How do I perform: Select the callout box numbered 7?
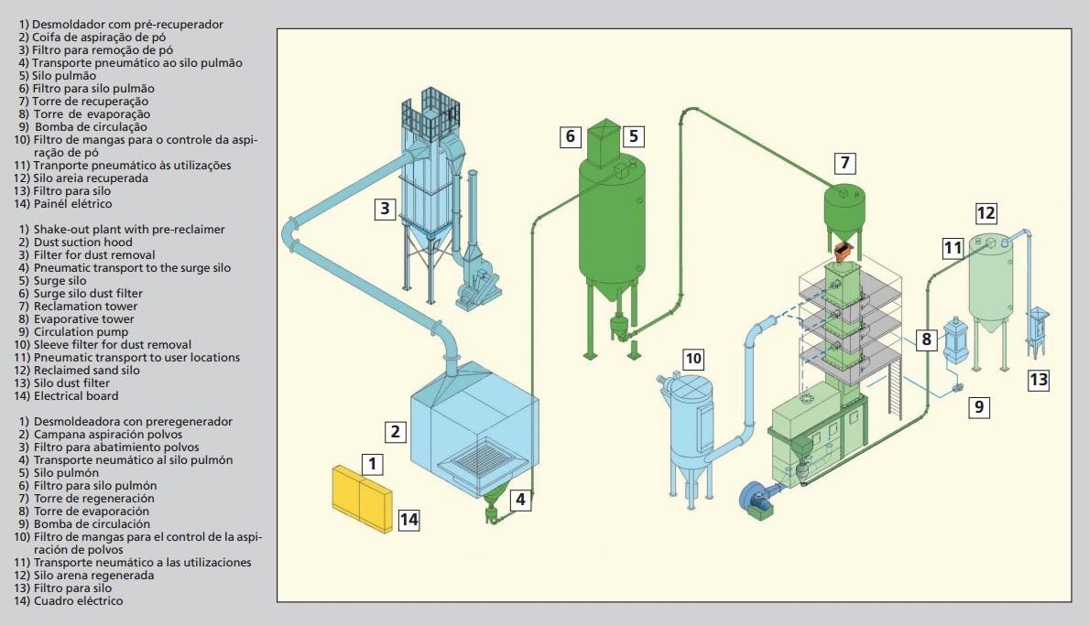(x=845, y=164)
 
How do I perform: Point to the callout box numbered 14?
(x=408, y=520)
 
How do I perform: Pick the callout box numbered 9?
(x=979, y=407)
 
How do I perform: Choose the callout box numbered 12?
(x=986, y=213)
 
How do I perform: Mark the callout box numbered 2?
(x=395, y=430)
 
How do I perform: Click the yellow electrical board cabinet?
(x=362, y=496)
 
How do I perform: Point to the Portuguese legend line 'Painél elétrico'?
(x=65, y=204)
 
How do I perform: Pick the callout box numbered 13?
(x=1038, y=380)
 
